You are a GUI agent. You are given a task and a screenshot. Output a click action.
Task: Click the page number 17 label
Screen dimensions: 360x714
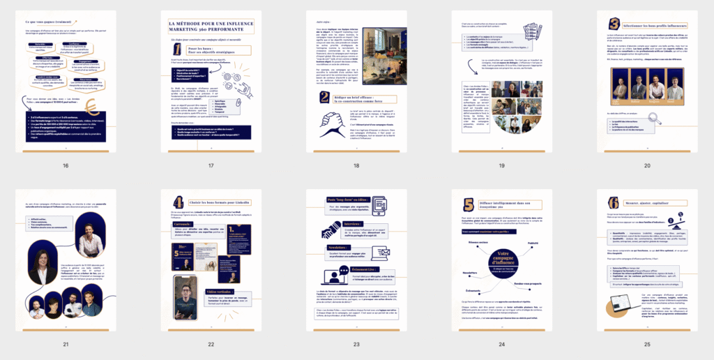click(211, 165)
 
